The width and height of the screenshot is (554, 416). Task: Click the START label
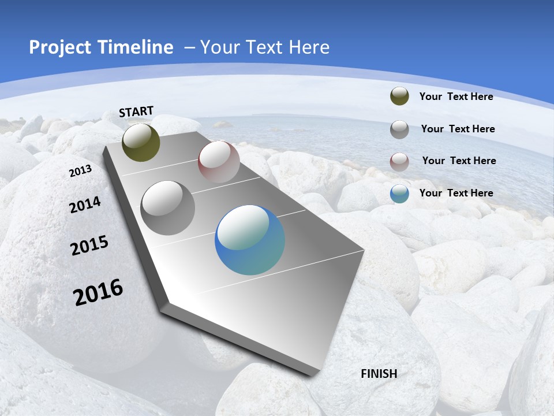[136, 112]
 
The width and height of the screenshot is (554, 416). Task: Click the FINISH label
[379, 373]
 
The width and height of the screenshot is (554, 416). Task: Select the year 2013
[80, 171]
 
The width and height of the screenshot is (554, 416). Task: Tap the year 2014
[85, 205]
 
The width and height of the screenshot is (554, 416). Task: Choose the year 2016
[98, 292]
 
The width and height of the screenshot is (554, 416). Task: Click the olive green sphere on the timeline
[141, 142]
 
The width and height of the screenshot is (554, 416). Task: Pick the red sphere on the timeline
[219, 161]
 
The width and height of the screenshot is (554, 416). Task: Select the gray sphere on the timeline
[167, 208]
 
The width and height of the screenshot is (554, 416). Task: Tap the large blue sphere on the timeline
[250, 240]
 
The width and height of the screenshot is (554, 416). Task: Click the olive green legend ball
[399, 96]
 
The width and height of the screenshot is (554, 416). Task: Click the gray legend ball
[399, 129]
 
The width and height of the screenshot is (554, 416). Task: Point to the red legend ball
[399, 162]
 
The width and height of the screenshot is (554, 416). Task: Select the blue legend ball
[399, 194]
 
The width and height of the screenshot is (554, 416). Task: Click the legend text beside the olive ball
[456, 96]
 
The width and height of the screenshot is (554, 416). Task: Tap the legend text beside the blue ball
[456, 193]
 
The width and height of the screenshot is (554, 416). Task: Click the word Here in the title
[309, 47]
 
